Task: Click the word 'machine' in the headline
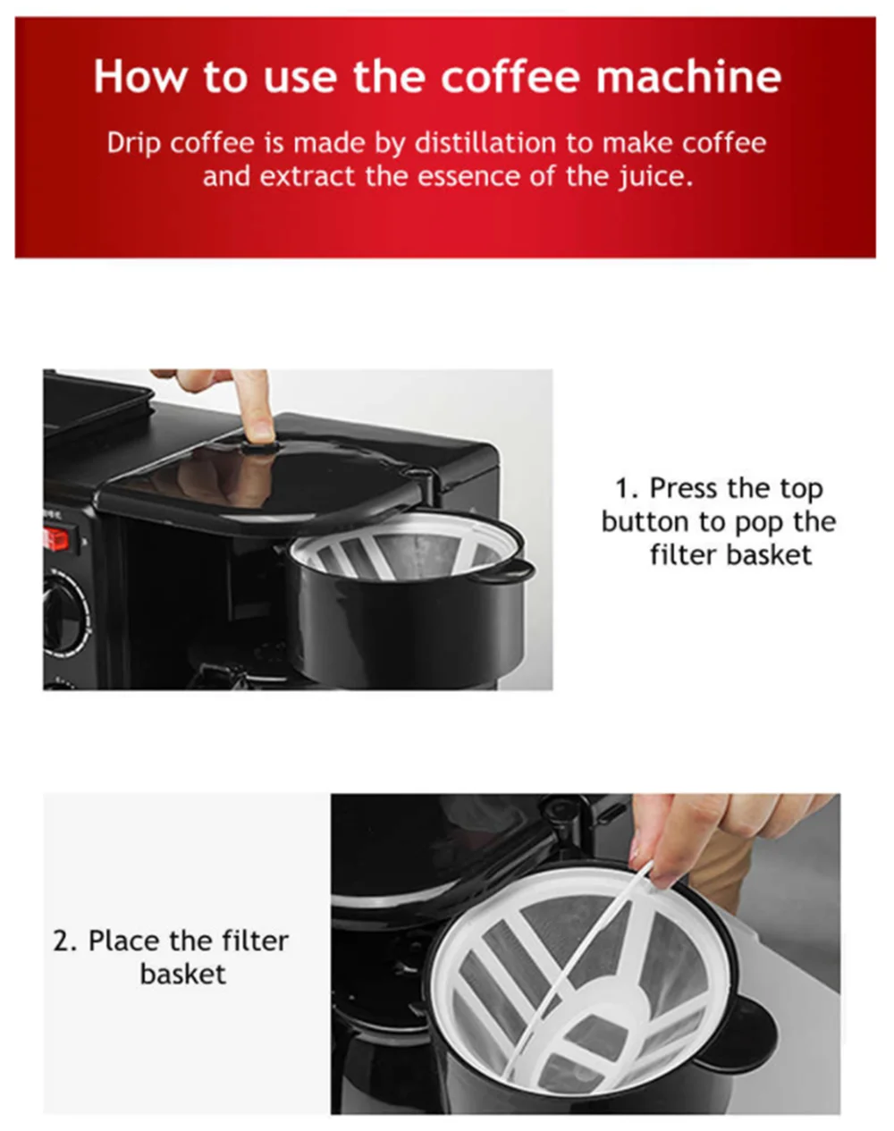pos(688,77)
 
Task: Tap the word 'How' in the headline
pos(139,77)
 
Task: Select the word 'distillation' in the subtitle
pos(485,143)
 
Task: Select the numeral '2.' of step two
pos(65,941)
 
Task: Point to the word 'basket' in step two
pos(183,975)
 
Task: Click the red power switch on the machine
pos(55,539)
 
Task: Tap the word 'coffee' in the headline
pos(510,77)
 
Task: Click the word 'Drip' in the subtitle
pos(133,144)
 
